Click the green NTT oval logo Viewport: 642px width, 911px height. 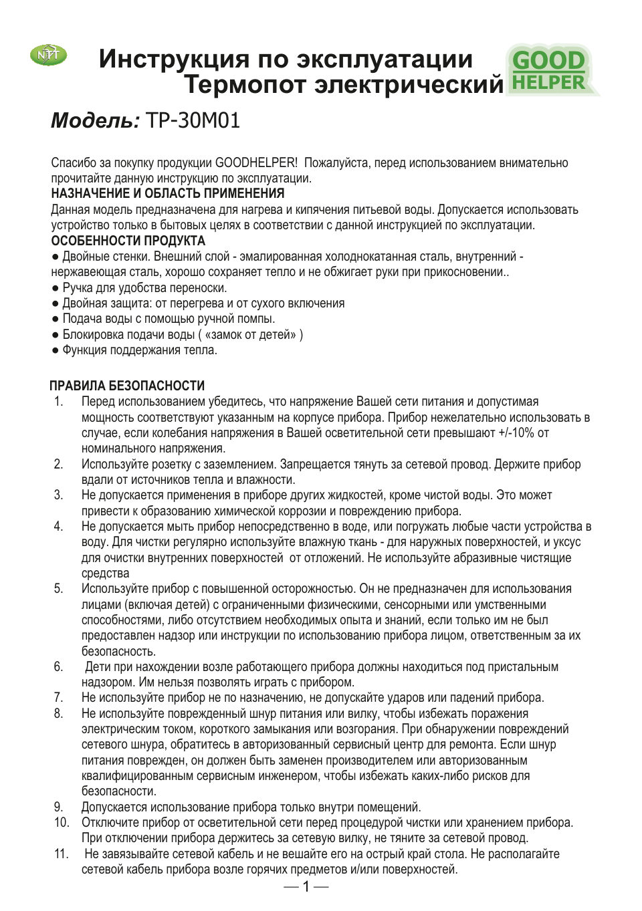click(x=48, y=55)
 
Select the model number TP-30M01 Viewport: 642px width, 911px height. click(x=193, y=120)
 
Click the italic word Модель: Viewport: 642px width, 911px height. click(x=95, y=120)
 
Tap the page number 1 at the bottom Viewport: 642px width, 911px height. click(x=306, y=887)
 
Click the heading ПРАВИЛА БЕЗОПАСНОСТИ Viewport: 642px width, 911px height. click(x=127, y=386)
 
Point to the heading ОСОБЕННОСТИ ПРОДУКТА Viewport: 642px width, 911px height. click(x=128, y=241)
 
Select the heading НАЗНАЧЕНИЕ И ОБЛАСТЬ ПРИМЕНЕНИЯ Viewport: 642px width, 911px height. click(x=168, y=194)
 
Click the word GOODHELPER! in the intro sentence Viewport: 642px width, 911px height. click(x=256, y=163)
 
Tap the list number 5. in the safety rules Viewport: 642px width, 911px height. click(x=59, y=589)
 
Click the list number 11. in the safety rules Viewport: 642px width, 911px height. click(x=61, y=854)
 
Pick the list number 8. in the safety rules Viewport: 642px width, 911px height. click(x=59, y=713)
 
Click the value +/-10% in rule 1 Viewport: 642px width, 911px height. click(x=516, y=433)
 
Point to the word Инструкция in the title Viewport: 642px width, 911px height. click(x=174, y=59)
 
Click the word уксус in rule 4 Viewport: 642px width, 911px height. click(x=567, y=542)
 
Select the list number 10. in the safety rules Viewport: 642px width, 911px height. click(x=61, y=822)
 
